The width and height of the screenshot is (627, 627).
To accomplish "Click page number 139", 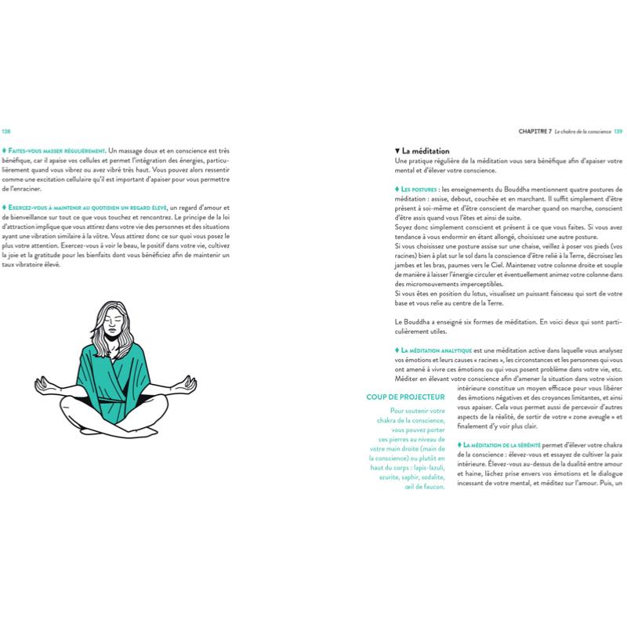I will coord(618,132).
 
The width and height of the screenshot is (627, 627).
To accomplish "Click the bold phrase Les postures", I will coord(419,190).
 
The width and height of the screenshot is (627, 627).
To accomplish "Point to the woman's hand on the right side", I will coord(189,382).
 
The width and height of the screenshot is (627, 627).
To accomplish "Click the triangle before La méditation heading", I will coord(399,150).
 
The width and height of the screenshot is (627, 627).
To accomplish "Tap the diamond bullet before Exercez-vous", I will coord(5,205).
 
